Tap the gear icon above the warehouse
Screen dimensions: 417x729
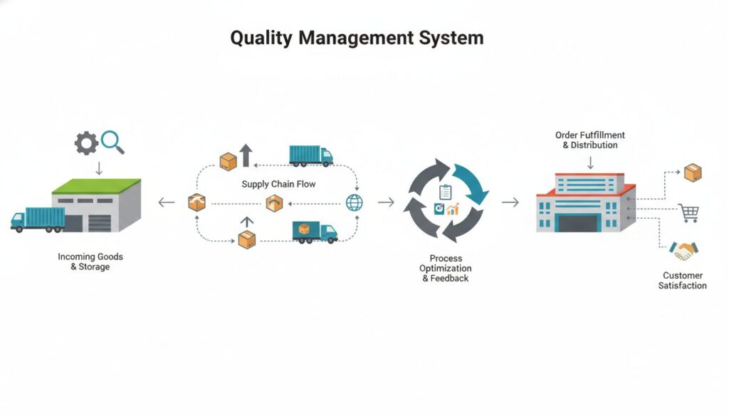coord(86,143)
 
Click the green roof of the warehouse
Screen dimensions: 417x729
coord(96,186)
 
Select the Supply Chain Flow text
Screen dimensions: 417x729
coord(278,184)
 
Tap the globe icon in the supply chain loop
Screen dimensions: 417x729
coord(354,202)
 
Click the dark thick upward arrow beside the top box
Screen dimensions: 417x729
coord(246,155)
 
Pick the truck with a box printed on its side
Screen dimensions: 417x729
coord(314,231)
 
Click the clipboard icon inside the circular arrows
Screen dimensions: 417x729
coord(446,192)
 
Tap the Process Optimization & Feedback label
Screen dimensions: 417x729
coord(446,268)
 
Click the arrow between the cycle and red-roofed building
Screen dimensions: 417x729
coord(510,202)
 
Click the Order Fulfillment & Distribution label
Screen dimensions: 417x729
coord(589,140)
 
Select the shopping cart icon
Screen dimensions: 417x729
coord(688,212)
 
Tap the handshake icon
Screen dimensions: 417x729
coord(683,250)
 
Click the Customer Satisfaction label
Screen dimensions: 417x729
coord(683,280)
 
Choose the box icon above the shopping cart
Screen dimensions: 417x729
coord(692,172)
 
